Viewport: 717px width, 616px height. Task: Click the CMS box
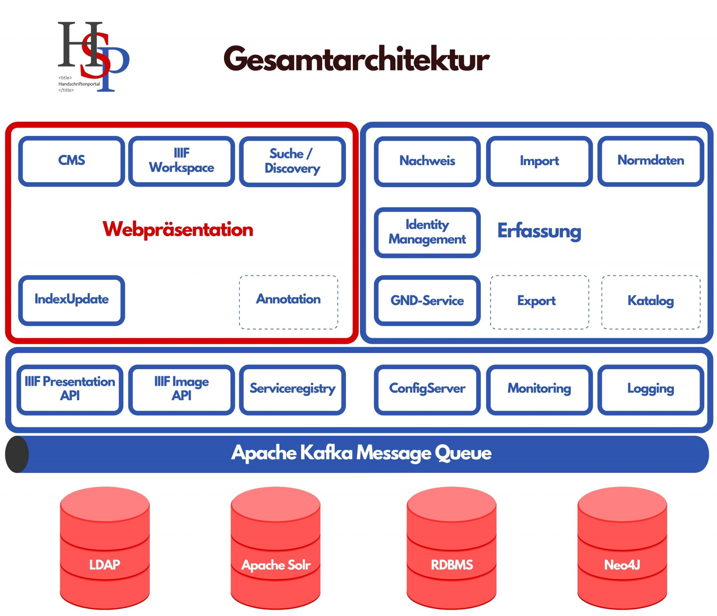coord(71,161)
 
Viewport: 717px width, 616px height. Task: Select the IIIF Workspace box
coord(181,161)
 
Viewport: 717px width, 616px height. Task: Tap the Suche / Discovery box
coord(292,161)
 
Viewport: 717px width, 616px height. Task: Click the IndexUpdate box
coord(71,300)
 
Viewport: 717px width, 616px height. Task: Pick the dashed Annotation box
coord(288,302)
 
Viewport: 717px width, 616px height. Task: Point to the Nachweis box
coord(427,161)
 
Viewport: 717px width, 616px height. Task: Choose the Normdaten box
coord(650,161)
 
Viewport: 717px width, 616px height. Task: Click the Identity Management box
coord(427,232)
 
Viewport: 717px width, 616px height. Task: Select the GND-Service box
coord(427,300)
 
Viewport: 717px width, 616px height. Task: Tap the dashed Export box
coord(539,302)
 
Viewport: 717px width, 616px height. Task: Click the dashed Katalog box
coord(650,302)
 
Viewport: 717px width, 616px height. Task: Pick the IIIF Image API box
coord(181,389)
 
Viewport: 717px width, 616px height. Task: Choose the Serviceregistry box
coord(292,389)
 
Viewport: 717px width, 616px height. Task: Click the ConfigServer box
coord(427,389)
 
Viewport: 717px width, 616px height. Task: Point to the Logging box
coord(650,389)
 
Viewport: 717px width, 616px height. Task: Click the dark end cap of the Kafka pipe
coord(17,454)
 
